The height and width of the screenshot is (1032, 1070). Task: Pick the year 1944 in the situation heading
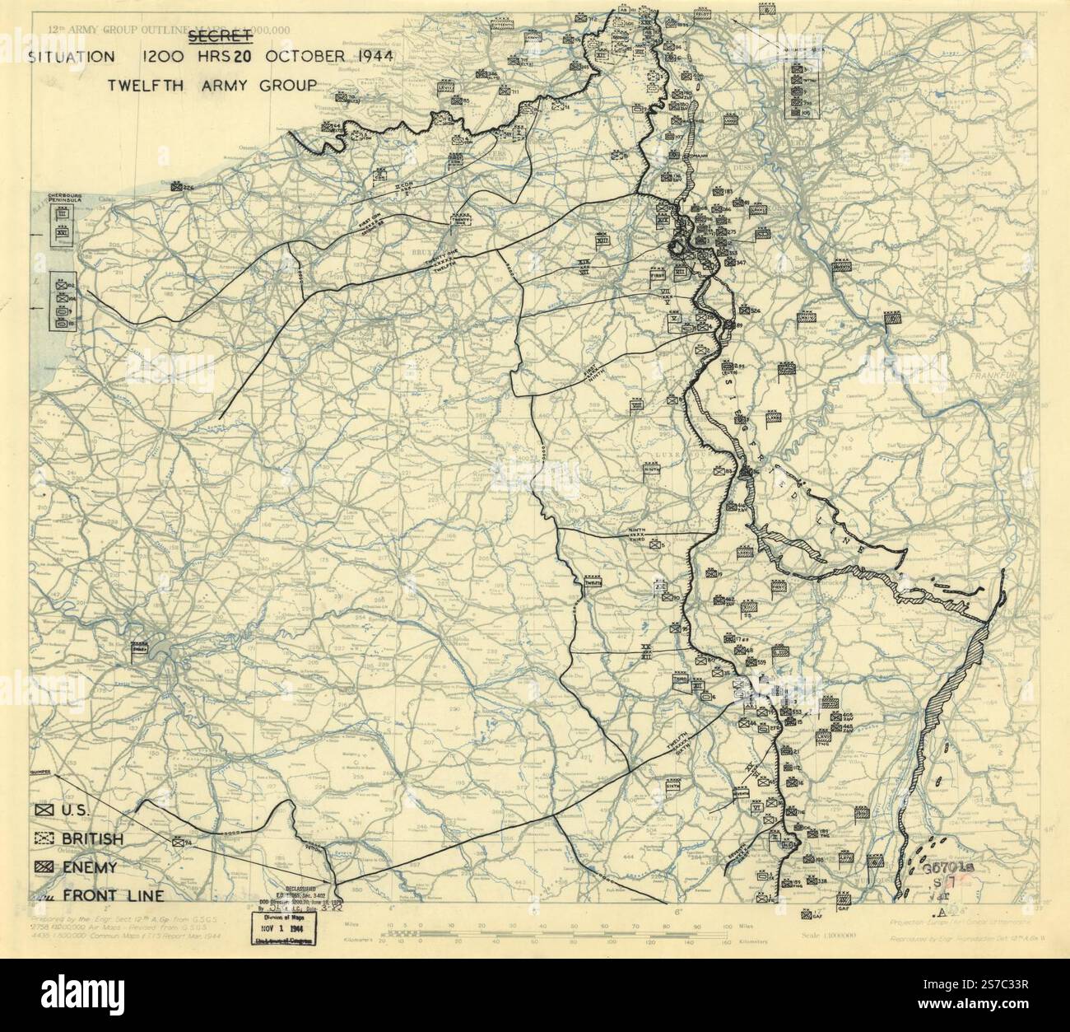point(369,58)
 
